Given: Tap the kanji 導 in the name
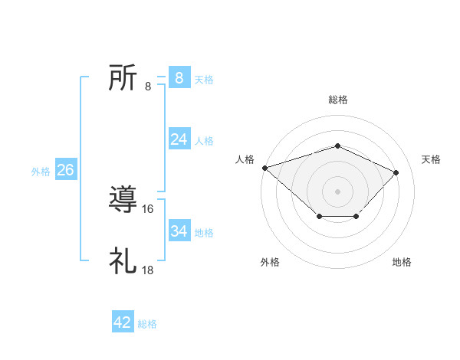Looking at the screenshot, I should coord(123,200).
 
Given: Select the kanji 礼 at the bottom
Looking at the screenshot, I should coord(123,261).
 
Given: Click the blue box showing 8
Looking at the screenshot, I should coord(179,77).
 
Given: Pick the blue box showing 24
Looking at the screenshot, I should coord(179,139).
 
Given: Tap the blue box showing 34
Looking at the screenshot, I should coord(179,231).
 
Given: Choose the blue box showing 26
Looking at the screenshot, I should coord(65,170).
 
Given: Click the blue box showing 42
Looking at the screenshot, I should coord(123,322).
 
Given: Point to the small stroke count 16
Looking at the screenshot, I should coord(149,209).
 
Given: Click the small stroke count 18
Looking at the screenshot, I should coord(149,270).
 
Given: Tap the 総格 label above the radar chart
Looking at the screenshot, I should coord(338,100).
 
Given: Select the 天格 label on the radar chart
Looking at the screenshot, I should coord(431,159).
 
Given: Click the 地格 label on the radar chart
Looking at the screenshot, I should coord(402,262).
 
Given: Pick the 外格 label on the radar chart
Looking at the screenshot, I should coord(270,262).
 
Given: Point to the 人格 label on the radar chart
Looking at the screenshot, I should coord(245,159).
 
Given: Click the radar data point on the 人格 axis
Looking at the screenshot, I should coord(264,167).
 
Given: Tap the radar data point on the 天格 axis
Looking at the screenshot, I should coord(396,172).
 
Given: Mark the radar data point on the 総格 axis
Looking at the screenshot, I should coord(337,146).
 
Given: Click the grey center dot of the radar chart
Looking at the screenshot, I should coord(337,191).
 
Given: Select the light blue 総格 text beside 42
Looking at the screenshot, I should coord(147,324).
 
